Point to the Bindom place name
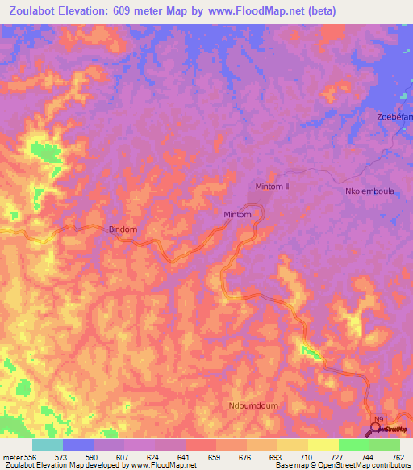(x=123, y=229)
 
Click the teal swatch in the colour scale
(x=48, y=445)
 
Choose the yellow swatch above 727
(x=323, y=445)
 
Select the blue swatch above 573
(x=78, y=445)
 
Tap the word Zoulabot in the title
(x=40, y=11)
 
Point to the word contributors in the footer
(x=389, y=466)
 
